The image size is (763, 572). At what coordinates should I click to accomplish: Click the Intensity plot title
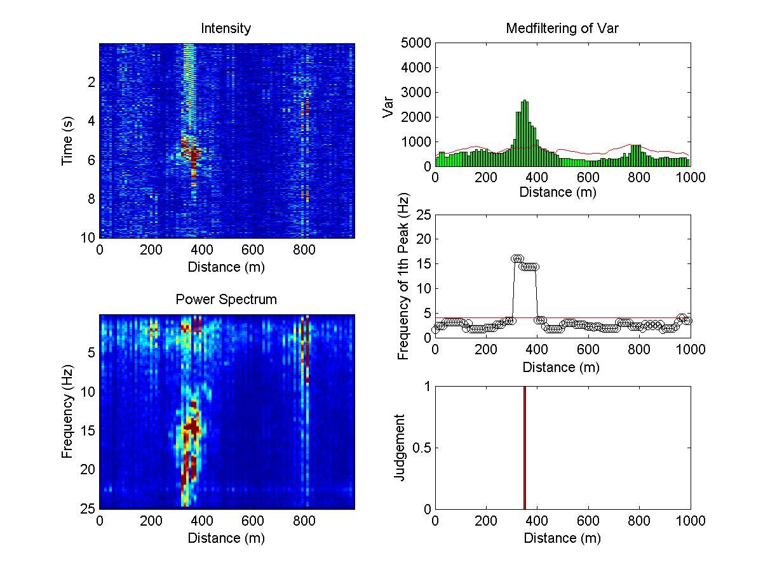[x=226, y=29]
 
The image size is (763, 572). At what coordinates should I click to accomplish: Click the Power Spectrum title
[x=226, y=300]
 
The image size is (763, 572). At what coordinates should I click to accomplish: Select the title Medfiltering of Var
[x=562, y=29]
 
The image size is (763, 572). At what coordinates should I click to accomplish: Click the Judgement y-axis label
[x=400, y=447]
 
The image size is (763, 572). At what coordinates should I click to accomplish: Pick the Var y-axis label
[x=388, y=105]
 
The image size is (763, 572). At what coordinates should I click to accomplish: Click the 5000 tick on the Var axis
[x=416, y=43]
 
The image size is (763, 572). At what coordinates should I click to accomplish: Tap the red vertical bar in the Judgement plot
[x=525, y=448]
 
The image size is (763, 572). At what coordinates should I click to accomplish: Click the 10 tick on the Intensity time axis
[x=90, y=237]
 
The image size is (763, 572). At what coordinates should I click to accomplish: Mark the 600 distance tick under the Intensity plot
[x=304, y=250]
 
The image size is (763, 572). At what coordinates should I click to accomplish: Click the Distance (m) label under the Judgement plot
[x=562, y=538]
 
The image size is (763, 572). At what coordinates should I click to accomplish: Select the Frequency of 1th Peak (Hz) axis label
[x=403, y=277]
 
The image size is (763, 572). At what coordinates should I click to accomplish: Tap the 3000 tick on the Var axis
[x=416, y=93]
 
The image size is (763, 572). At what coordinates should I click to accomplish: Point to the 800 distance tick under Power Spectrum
[x=304, y=521]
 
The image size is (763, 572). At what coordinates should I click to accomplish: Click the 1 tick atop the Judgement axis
[x=427, y=387]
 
